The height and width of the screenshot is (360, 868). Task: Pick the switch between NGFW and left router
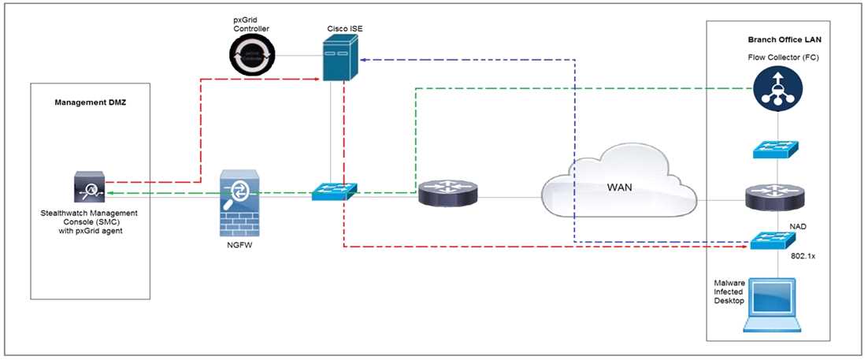(x=334, y=191)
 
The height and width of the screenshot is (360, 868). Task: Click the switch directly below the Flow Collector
(x=777, y=149)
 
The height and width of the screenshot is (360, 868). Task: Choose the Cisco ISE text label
(x=345, y=28)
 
